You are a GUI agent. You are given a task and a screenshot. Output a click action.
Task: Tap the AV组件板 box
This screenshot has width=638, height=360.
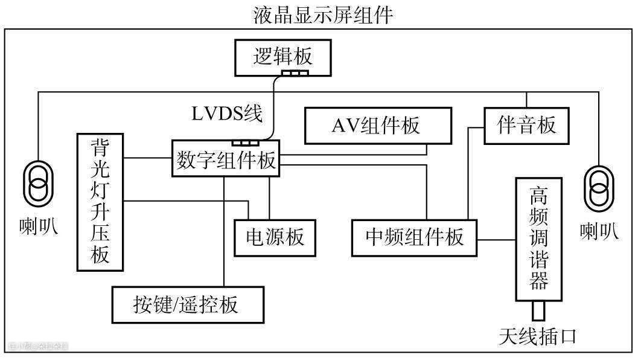coord(378,126)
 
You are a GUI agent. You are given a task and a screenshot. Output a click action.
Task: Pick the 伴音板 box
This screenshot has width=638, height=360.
coord(526,126)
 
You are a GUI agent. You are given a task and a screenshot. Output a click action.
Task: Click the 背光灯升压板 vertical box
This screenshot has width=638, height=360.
coord(100,201)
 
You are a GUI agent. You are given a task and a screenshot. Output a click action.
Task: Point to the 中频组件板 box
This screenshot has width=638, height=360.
coord(415,237)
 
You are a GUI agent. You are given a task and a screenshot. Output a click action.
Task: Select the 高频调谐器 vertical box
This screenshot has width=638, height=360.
coord(538,239)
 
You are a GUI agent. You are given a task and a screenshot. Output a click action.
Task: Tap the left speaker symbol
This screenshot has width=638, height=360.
coord(38,185)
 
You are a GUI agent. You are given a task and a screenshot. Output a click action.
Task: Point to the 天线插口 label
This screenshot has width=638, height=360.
coord(537,336)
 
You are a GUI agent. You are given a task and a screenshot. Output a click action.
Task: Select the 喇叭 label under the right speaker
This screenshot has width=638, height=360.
coord(599,230)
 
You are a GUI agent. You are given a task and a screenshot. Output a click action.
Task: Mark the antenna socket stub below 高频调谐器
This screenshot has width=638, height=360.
coord(538,311)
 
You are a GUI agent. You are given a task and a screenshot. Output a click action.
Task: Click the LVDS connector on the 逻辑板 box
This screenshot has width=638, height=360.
coord(296,74)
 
